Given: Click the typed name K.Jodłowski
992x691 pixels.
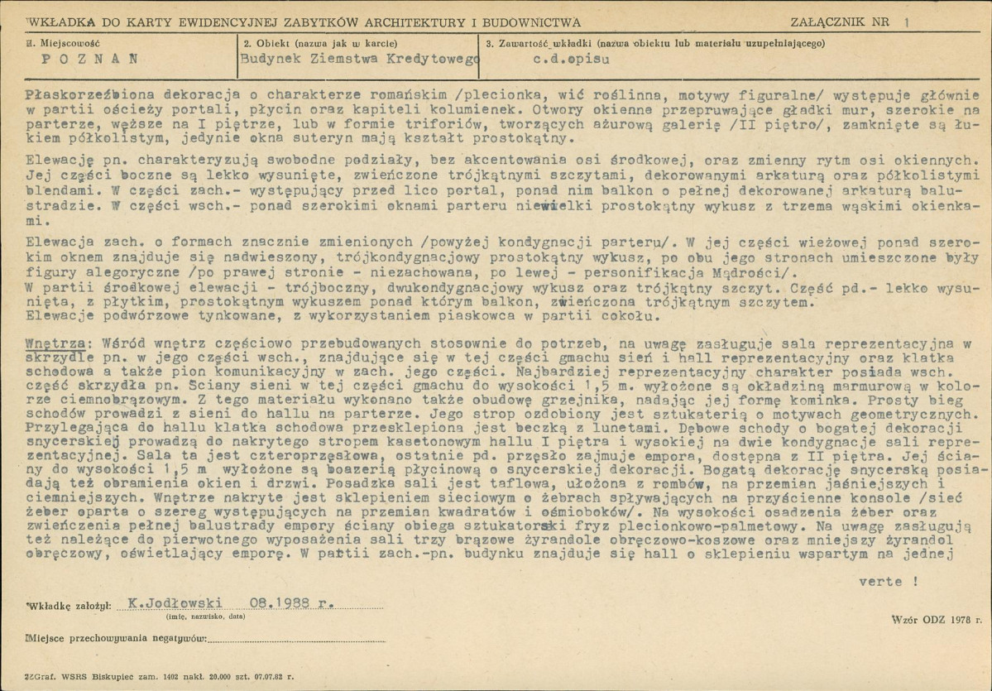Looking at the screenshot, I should coord(163,604).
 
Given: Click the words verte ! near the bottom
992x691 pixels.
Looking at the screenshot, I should coord(888,582).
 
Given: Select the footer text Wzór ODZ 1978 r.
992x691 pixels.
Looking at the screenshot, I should coord(936,618).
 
